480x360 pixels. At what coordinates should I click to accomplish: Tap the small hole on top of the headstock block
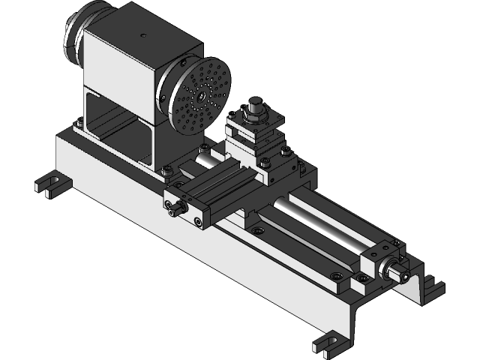[x=142, y=34]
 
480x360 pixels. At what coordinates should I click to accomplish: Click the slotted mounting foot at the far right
[x=433, y=286]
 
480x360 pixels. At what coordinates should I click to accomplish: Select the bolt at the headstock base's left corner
[x=78, y=124]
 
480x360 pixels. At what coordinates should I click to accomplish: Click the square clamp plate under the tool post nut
[x=255, y=124]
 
